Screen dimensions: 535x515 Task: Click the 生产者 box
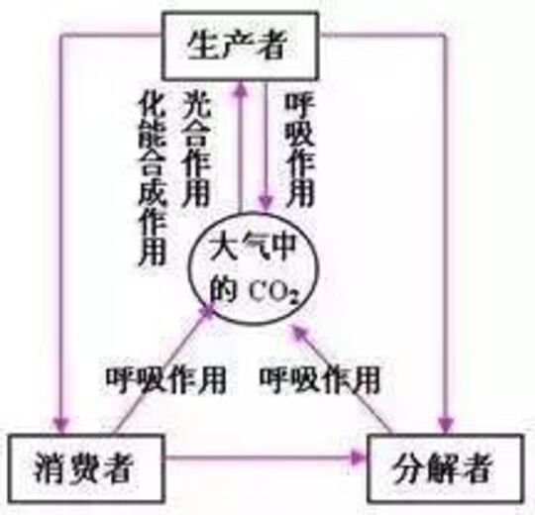click(x=240, y=46)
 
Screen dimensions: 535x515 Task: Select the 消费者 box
click(x=86, y=468)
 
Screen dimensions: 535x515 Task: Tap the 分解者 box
click(x=446, y=468)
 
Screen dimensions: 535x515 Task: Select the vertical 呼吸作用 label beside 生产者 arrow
click(x=299, y=150)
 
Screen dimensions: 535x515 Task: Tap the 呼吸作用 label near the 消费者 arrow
click(x=165, y=380)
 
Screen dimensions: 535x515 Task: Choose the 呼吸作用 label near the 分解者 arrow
click(x=320, y=380)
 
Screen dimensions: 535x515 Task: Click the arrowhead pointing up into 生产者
click(x=242, y=89)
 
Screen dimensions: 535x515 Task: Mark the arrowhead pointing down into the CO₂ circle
click(x=267, y=203)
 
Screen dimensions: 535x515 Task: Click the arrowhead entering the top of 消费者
click(x=61, y=425)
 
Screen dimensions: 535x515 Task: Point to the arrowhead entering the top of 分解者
click(x=446, y=425)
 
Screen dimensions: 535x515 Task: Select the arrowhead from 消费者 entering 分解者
click(x=359, y=458)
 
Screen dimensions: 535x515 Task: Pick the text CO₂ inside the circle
click(x=273, y=291)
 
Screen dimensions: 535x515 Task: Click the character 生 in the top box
click(x=202, y=45)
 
